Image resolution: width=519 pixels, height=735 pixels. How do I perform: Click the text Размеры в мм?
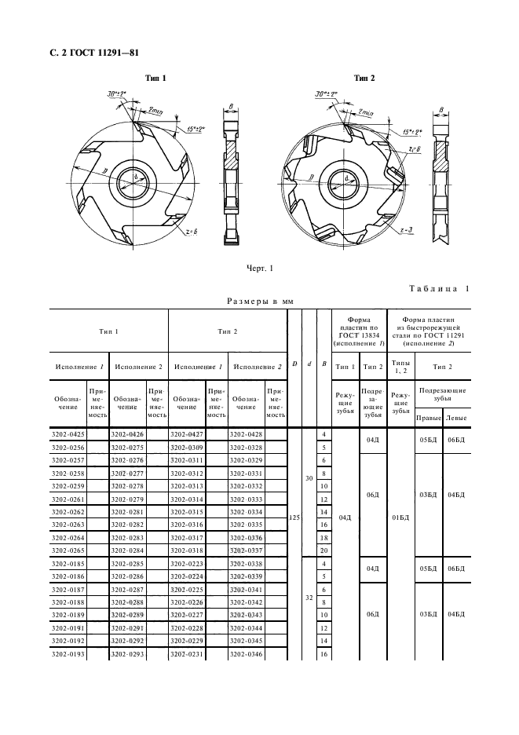coord(259,301)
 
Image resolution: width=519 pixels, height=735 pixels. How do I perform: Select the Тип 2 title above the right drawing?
coord(364,78)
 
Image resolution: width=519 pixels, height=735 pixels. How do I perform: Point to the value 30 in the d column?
coord(309,479)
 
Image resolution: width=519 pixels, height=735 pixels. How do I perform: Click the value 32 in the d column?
coord(309,597)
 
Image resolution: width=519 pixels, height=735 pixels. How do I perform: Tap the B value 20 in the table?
coord(323,550)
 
